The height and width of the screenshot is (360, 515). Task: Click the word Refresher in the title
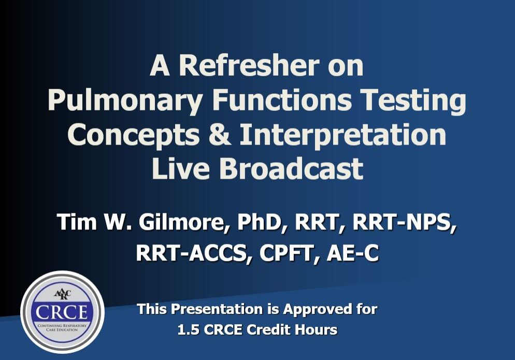pos(249,65)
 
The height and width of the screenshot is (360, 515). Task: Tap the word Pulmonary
pos(124,100)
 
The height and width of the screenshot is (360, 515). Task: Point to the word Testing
pos(413,100)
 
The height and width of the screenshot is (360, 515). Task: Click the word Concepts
pos(133,135)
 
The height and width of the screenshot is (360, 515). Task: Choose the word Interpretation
pos(343,135)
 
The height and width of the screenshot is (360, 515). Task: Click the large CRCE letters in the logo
pos(62,312)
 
